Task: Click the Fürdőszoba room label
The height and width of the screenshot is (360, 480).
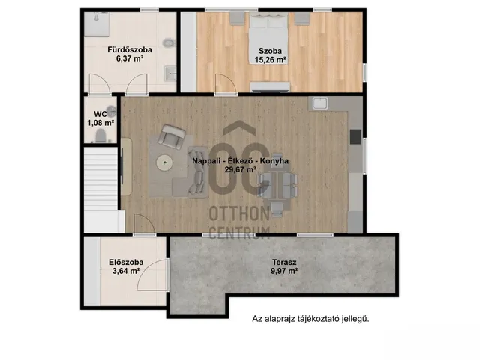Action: pyautogui.click(x=130, y=50)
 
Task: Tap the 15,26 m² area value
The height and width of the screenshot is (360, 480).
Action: pyautogui.click(x=271, y=60)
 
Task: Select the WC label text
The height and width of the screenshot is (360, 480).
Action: pyautogui.click(x=100, y=114)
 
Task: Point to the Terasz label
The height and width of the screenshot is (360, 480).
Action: pyautogui.click(x=284, y=262)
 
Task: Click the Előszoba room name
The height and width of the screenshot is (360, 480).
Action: pyautogui.click(x=126, y=262)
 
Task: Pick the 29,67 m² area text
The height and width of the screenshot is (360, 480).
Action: pyautogui.click(x=241, y=169)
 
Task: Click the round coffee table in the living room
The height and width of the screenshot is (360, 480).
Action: pyautogui.click(x=165, y=163)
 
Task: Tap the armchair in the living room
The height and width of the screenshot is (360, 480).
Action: pyautogui.click(x=172, y=137)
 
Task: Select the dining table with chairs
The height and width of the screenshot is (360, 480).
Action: pyautogui.click(x=277, y=184)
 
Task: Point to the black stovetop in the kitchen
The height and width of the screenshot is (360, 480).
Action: pyautogui.click(x=355, y=136)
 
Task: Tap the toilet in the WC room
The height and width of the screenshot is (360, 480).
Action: pyautogui.click(x=100, y=136)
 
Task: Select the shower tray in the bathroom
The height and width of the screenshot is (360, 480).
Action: pyautogui.click(x=97, y=24)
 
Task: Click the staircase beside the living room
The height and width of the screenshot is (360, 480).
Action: pyautogui.click(x=100, y=179)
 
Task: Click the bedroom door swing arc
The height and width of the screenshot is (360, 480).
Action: pyautogui.click(x=226, y=82)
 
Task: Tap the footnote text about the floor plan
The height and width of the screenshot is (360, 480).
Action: pyautogui.click(x=310, y=319)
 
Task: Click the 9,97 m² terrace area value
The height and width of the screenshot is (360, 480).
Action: pyautogui.click(x=284, y=271)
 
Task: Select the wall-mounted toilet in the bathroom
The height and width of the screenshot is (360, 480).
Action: pyautogui.click(x=168, y=43)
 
